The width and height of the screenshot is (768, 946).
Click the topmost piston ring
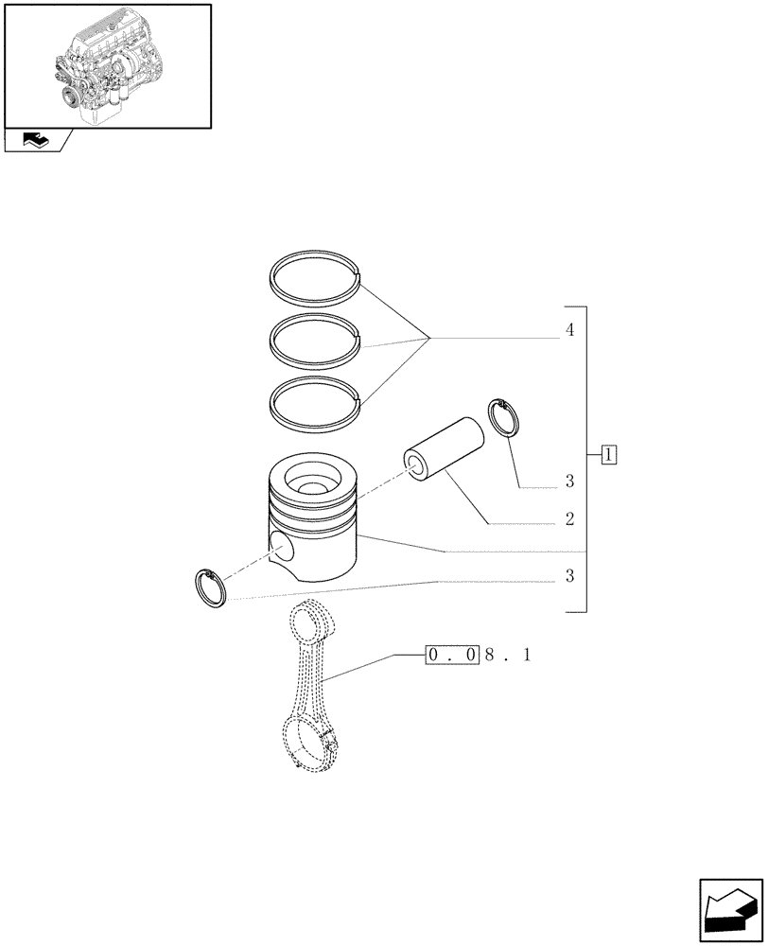click(313, 257)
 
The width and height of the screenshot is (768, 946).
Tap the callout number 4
click(568, 330)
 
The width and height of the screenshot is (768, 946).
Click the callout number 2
click(569, 519)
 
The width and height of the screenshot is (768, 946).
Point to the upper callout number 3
click(569, 482)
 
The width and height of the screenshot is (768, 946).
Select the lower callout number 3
click(569, 576)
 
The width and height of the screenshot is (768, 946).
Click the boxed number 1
click(608, 456)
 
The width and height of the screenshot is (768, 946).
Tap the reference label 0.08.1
click(478, 655)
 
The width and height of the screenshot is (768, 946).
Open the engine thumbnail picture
click(107, 65)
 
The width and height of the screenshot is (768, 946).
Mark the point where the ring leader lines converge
click(431, 338)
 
